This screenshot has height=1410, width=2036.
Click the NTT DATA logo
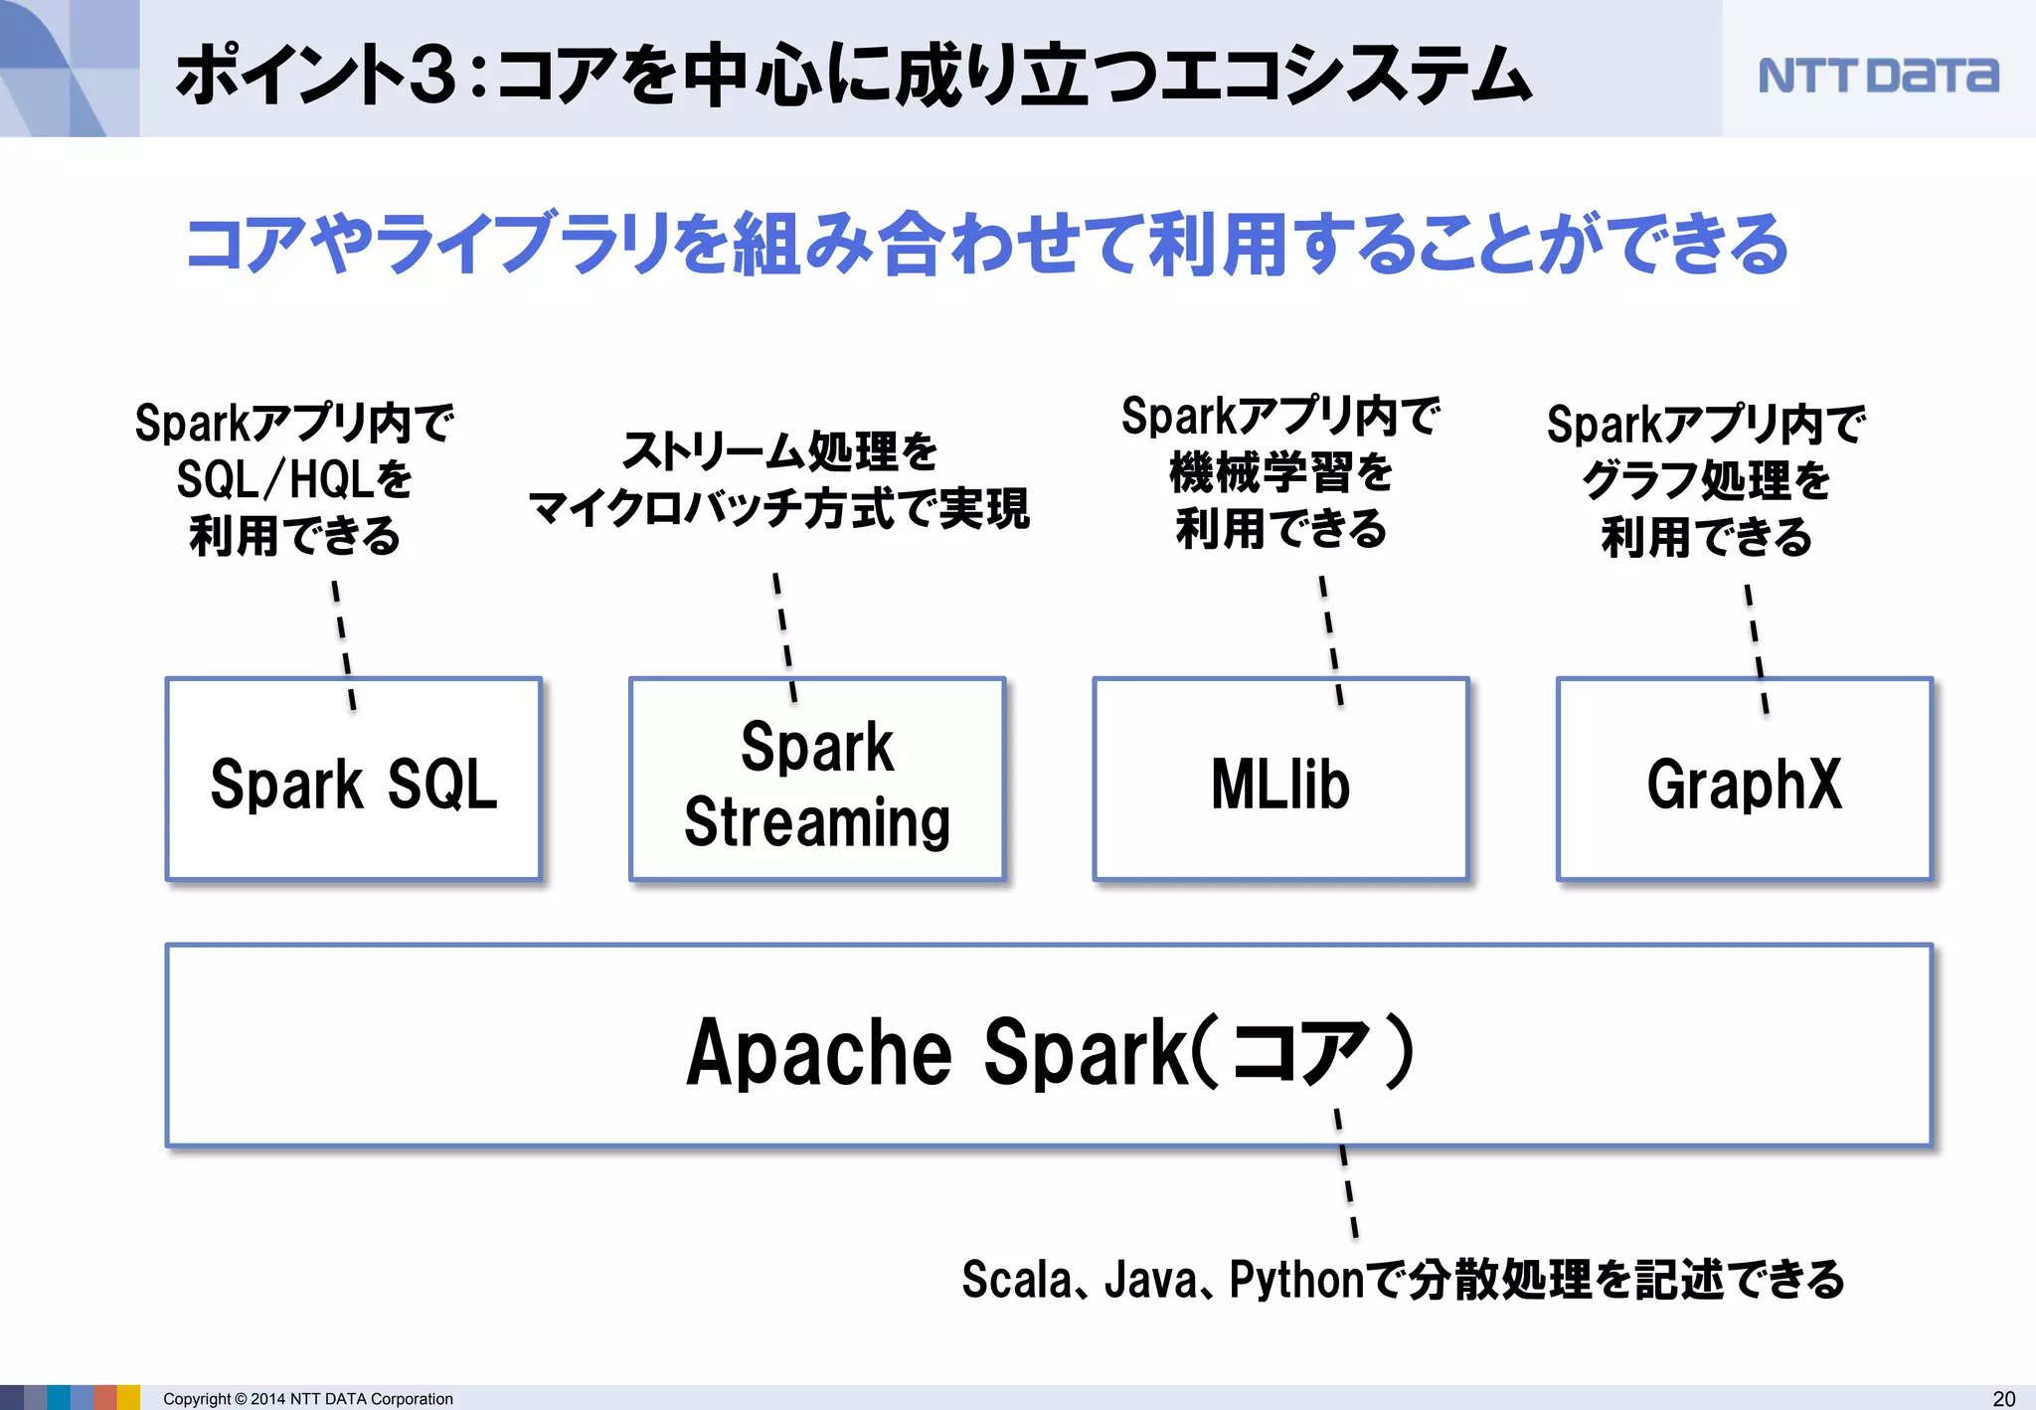pyautogui.click(x=1877, y=76)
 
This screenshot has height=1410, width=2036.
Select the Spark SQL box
pyautogui.click(x=354, y=781)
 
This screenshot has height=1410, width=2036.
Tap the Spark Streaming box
pyautogui.click(x=817, y=781)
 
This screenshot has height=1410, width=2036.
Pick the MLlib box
pyautogui.click(x=1280, y=781)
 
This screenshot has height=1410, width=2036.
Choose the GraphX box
pyautogui.click(x=1744, y=781)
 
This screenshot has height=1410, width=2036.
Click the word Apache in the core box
pyautogui.click(x=818, y=1052)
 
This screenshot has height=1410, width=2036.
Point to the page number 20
pyautogui.click(x=2004, y=1398)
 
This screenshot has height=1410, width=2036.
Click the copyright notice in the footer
pyautogui.click(x=307, y=1399)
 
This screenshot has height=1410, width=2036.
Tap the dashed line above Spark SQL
pyautogui.click(x=344, y=644)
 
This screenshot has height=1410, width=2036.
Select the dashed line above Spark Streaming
pyautogui.click(x=785, y=637)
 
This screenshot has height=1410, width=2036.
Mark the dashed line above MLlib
pyautogui.click(x=1331, y=640)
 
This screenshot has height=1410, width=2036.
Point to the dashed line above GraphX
pyautogui.click(x=1757, y=648)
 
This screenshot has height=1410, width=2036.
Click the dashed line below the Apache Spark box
pyautogui.click(x=1346, y=1173)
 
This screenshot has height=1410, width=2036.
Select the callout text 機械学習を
pyautogui.click(x=1280, y=473)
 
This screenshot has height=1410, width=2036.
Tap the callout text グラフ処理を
pyautogui.click(x=1706, y=480)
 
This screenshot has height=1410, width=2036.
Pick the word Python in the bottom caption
pyautogui.click(x=1296, y=1280)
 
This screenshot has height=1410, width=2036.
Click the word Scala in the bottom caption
pyautogui.click(x=1017, y=1280)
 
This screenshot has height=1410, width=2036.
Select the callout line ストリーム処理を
pyautogui.click(x=779, y=451)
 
